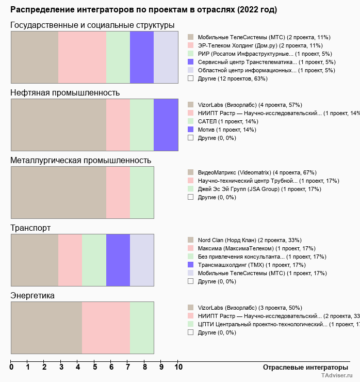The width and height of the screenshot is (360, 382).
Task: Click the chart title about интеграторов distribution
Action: (143, 10)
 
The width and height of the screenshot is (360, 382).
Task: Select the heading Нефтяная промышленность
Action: (65, 93)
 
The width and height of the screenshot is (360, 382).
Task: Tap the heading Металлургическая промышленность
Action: (80, 161)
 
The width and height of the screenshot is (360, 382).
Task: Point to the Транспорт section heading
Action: (30, 228)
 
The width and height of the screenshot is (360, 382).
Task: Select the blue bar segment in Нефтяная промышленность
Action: (166, 124)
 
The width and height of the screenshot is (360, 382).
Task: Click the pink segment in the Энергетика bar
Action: (106, 327)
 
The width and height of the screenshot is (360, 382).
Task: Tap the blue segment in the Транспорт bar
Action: (118, 260)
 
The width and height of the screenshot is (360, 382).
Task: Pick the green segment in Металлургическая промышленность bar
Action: (142, 192)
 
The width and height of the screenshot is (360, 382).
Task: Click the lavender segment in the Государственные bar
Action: (166, 57)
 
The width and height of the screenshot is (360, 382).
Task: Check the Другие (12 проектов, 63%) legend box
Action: (191, 78)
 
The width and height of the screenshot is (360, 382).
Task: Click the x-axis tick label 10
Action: (178, 368)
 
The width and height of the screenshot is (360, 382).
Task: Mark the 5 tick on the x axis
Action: (95, 368)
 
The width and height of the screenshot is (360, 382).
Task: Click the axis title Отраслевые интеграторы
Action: (302, 368)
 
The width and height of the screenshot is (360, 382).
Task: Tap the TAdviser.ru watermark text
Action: (337, 376)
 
